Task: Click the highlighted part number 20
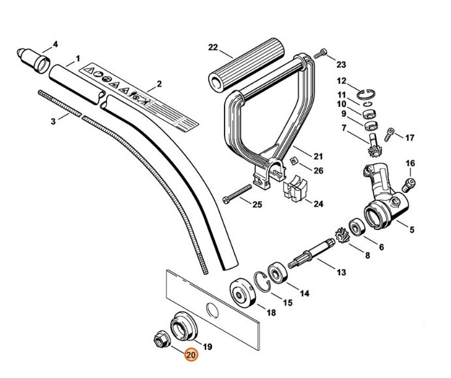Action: tap(191, 355)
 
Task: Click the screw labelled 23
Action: tap(320, 55)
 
